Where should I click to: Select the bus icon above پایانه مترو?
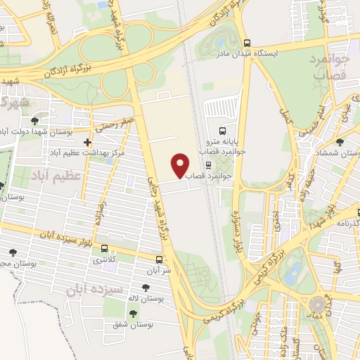coord(222,131)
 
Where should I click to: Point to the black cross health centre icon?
coord(86,143)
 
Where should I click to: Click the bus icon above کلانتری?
coord(105,248)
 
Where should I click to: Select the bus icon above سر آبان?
coord(167,259)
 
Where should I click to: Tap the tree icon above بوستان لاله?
coord(146,287)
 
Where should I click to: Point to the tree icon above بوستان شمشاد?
coord(340,143)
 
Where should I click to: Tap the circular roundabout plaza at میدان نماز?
coord(320,304)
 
